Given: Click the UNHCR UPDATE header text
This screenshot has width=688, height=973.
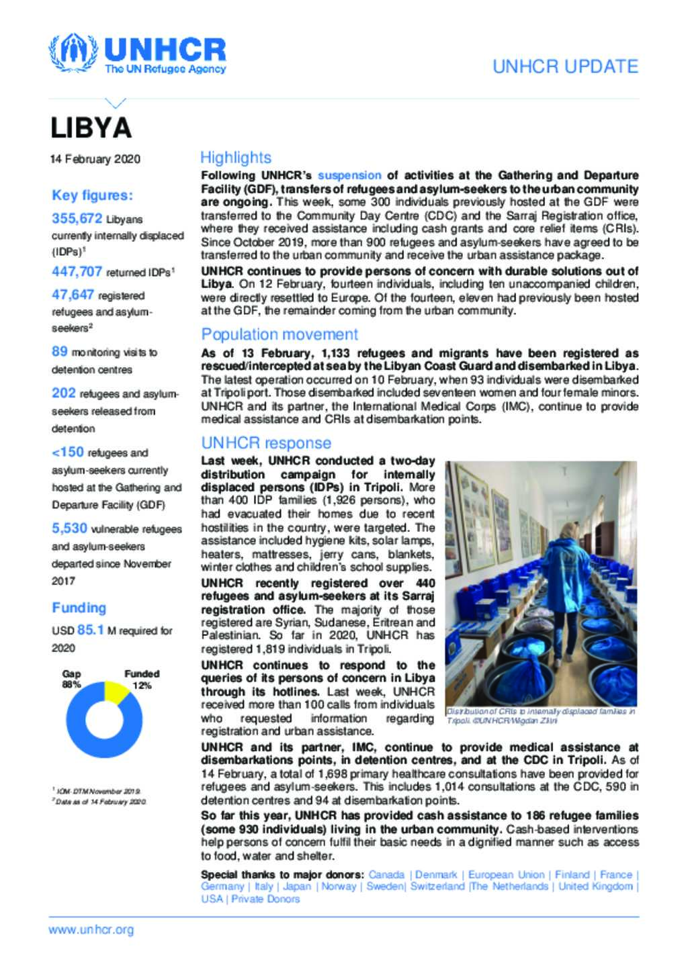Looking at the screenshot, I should coord(565,66).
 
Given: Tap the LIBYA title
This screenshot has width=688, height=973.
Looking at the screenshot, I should coord(91,128).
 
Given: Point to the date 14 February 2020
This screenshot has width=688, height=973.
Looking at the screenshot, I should coord(95,159).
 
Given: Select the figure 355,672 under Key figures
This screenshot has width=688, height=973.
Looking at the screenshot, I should coord(77,218).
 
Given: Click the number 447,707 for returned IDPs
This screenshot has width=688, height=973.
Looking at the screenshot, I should coord(77,271).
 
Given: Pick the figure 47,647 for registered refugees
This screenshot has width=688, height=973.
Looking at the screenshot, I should coord(73,294).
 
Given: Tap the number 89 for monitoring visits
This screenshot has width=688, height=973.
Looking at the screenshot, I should coord(60,351).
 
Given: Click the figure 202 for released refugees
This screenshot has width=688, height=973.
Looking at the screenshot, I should coord(64,393).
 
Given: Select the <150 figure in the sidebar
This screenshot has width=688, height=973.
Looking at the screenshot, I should coord(68,452).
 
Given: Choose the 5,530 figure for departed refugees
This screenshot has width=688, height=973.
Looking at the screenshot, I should coord(70,528).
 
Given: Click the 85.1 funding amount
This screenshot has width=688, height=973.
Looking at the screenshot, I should coord(91,630).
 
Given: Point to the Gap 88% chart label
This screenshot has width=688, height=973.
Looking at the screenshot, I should coord(72,679).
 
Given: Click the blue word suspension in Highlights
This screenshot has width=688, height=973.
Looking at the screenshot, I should coord(349,175).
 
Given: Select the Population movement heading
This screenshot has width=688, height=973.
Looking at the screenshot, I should coord(279,334).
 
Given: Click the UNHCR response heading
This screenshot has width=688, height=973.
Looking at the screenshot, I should coord(266,443).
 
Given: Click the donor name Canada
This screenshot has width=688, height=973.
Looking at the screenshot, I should coord(386,874).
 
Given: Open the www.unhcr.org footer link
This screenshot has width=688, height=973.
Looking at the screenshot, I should coord(91,930).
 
